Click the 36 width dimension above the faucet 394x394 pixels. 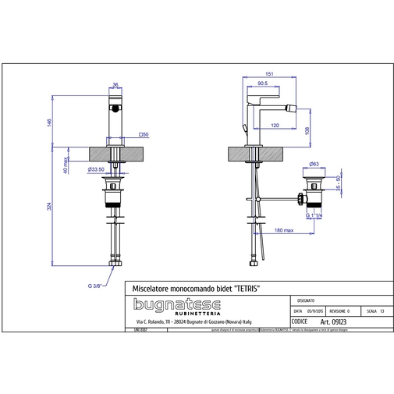(115, 86)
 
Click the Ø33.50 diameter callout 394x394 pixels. (96, 169)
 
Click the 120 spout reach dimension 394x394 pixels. (275, 125)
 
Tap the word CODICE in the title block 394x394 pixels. (299, 320)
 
